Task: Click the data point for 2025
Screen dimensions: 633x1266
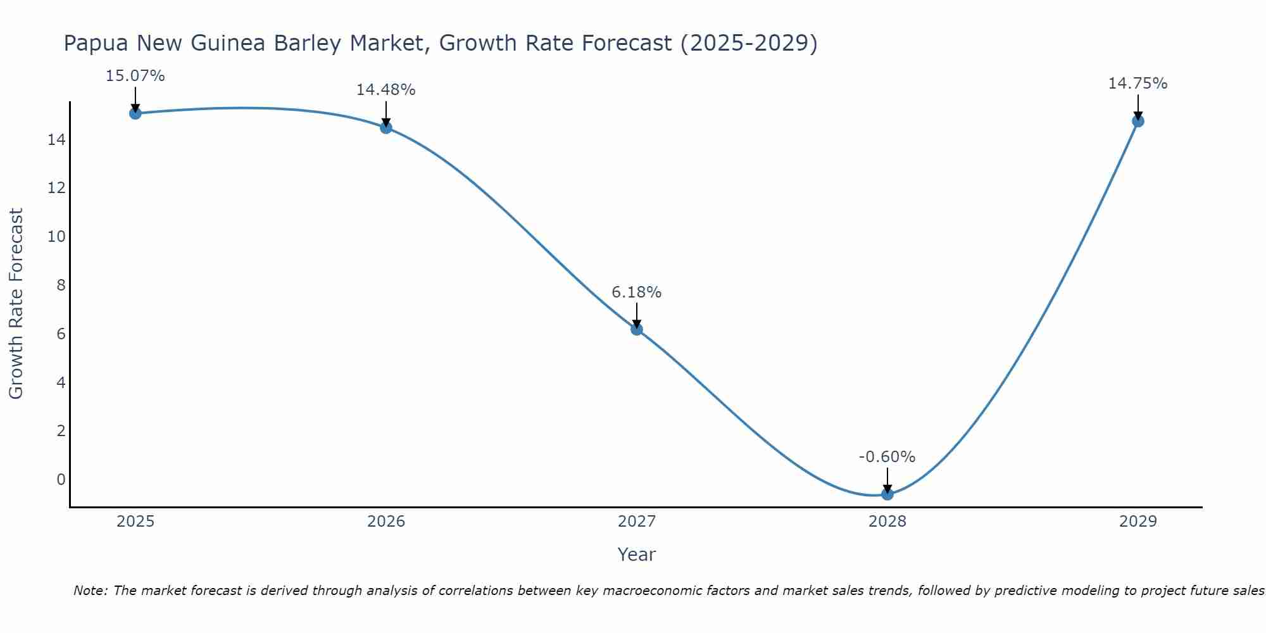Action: (x=135, y=113)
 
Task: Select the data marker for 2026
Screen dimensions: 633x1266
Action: (x=386, y=128)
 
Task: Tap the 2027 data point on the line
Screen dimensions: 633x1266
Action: (x=637, y=329)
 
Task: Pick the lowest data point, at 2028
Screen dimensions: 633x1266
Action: (x=887, y=494)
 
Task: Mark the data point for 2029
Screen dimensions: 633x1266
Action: (x=1138, y=121)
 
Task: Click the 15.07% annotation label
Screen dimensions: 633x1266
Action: (x=135, y=76)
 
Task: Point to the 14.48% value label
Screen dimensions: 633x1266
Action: (x=385, y=90)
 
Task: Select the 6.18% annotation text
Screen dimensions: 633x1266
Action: (x=636, y=292)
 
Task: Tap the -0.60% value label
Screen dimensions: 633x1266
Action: (x=887, y=457)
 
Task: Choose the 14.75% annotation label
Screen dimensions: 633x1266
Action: (x=1138, y=84)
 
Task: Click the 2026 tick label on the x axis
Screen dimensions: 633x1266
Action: (x=386, y=522)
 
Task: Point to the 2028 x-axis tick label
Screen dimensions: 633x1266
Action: (x=887, y=522)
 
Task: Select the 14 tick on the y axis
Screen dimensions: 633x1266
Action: (x=56, y=139)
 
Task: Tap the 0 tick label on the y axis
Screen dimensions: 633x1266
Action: (x=61, y=479)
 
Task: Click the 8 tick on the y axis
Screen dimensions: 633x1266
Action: (x=61, y=285)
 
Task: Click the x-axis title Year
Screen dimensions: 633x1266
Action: (x=636, y=555)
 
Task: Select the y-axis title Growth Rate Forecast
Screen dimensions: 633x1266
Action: (x=16, y=303)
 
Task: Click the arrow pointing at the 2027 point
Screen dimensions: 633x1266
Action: (x=637, y=315)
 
